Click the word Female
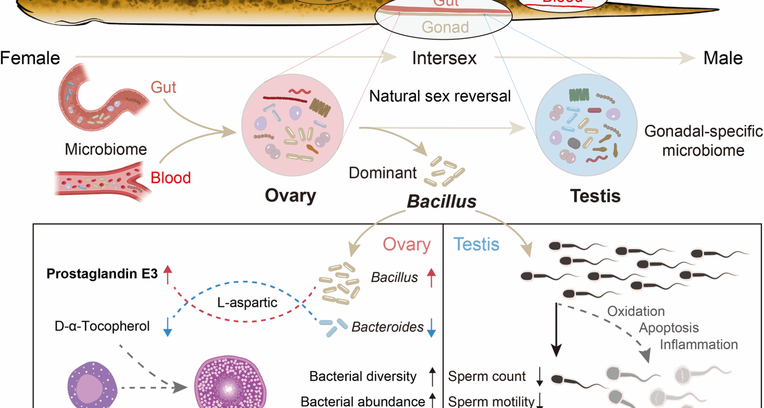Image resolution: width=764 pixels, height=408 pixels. [x=30, y=58]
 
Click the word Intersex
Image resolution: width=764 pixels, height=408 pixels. [x=444, y=58]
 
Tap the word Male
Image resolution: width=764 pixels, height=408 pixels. [x=723, y=58]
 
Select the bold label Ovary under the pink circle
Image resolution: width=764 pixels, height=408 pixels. [x=290, y=196]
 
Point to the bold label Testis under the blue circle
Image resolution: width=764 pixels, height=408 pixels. [x=595, y=196]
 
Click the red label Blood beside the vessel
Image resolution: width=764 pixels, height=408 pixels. [x=171, y=178]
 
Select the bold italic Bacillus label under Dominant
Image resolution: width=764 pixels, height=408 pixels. [x=441, y=202]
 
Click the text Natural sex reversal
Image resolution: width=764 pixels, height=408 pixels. [x=440, y=96]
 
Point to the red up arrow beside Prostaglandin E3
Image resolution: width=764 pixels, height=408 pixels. [x=168, y=274]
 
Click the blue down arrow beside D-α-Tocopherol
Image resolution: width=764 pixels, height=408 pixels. [x=168, y=327]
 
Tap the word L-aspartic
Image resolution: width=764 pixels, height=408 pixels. [x=247, y=302]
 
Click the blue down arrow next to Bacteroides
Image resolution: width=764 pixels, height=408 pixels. [x=431, y=327]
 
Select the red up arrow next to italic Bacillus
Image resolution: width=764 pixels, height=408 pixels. [x=431, y=277]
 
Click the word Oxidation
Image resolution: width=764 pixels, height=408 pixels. [x=636, y=311]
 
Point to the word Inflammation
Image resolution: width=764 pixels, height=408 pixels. [x=699, y=344]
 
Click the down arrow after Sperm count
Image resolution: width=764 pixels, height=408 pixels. [x=540, y=377]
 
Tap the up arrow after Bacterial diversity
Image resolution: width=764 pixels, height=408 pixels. [x=433, y=377]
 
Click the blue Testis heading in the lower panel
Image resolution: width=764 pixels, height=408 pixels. [x=476, y=244]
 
